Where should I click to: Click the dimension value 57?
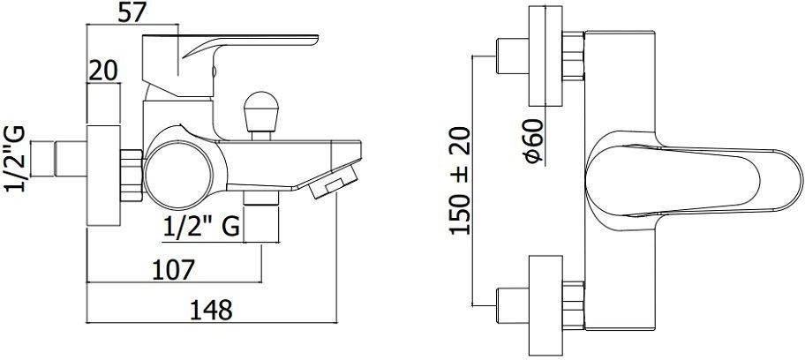[x=132, y=11]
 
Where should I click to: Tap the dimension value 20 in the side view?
[x=103, y=71]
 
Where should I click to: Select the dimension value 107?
[x=174, y=270]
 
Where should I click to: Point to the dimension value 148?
[x=211, y=311]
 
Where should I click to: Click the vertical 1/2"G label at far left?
[x=14, y=158]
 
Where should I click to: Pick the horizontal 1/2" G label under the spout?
[x=202, y=227]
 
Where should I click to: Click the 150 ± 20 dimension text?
[x=460, y=181]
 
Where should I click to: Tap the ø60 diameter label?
[x=534, y=141]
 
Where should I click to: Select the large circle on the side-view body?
[x=178, y=175]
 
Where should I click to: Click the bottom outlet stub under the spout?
[x=260, y=216]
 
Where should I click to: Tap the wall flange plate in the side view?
[x=103, y=175]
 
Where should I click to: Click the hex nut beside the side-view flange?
[x=132, y=175]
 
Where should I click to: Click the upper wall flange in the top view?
[x=545, y=56]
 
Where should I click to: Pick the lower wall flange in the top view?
[x=545, y=305]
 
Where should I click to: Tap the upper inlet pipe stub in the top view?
[x=512, y=56]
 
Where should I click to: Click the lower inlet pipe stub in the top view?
[x=512, y=305]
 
